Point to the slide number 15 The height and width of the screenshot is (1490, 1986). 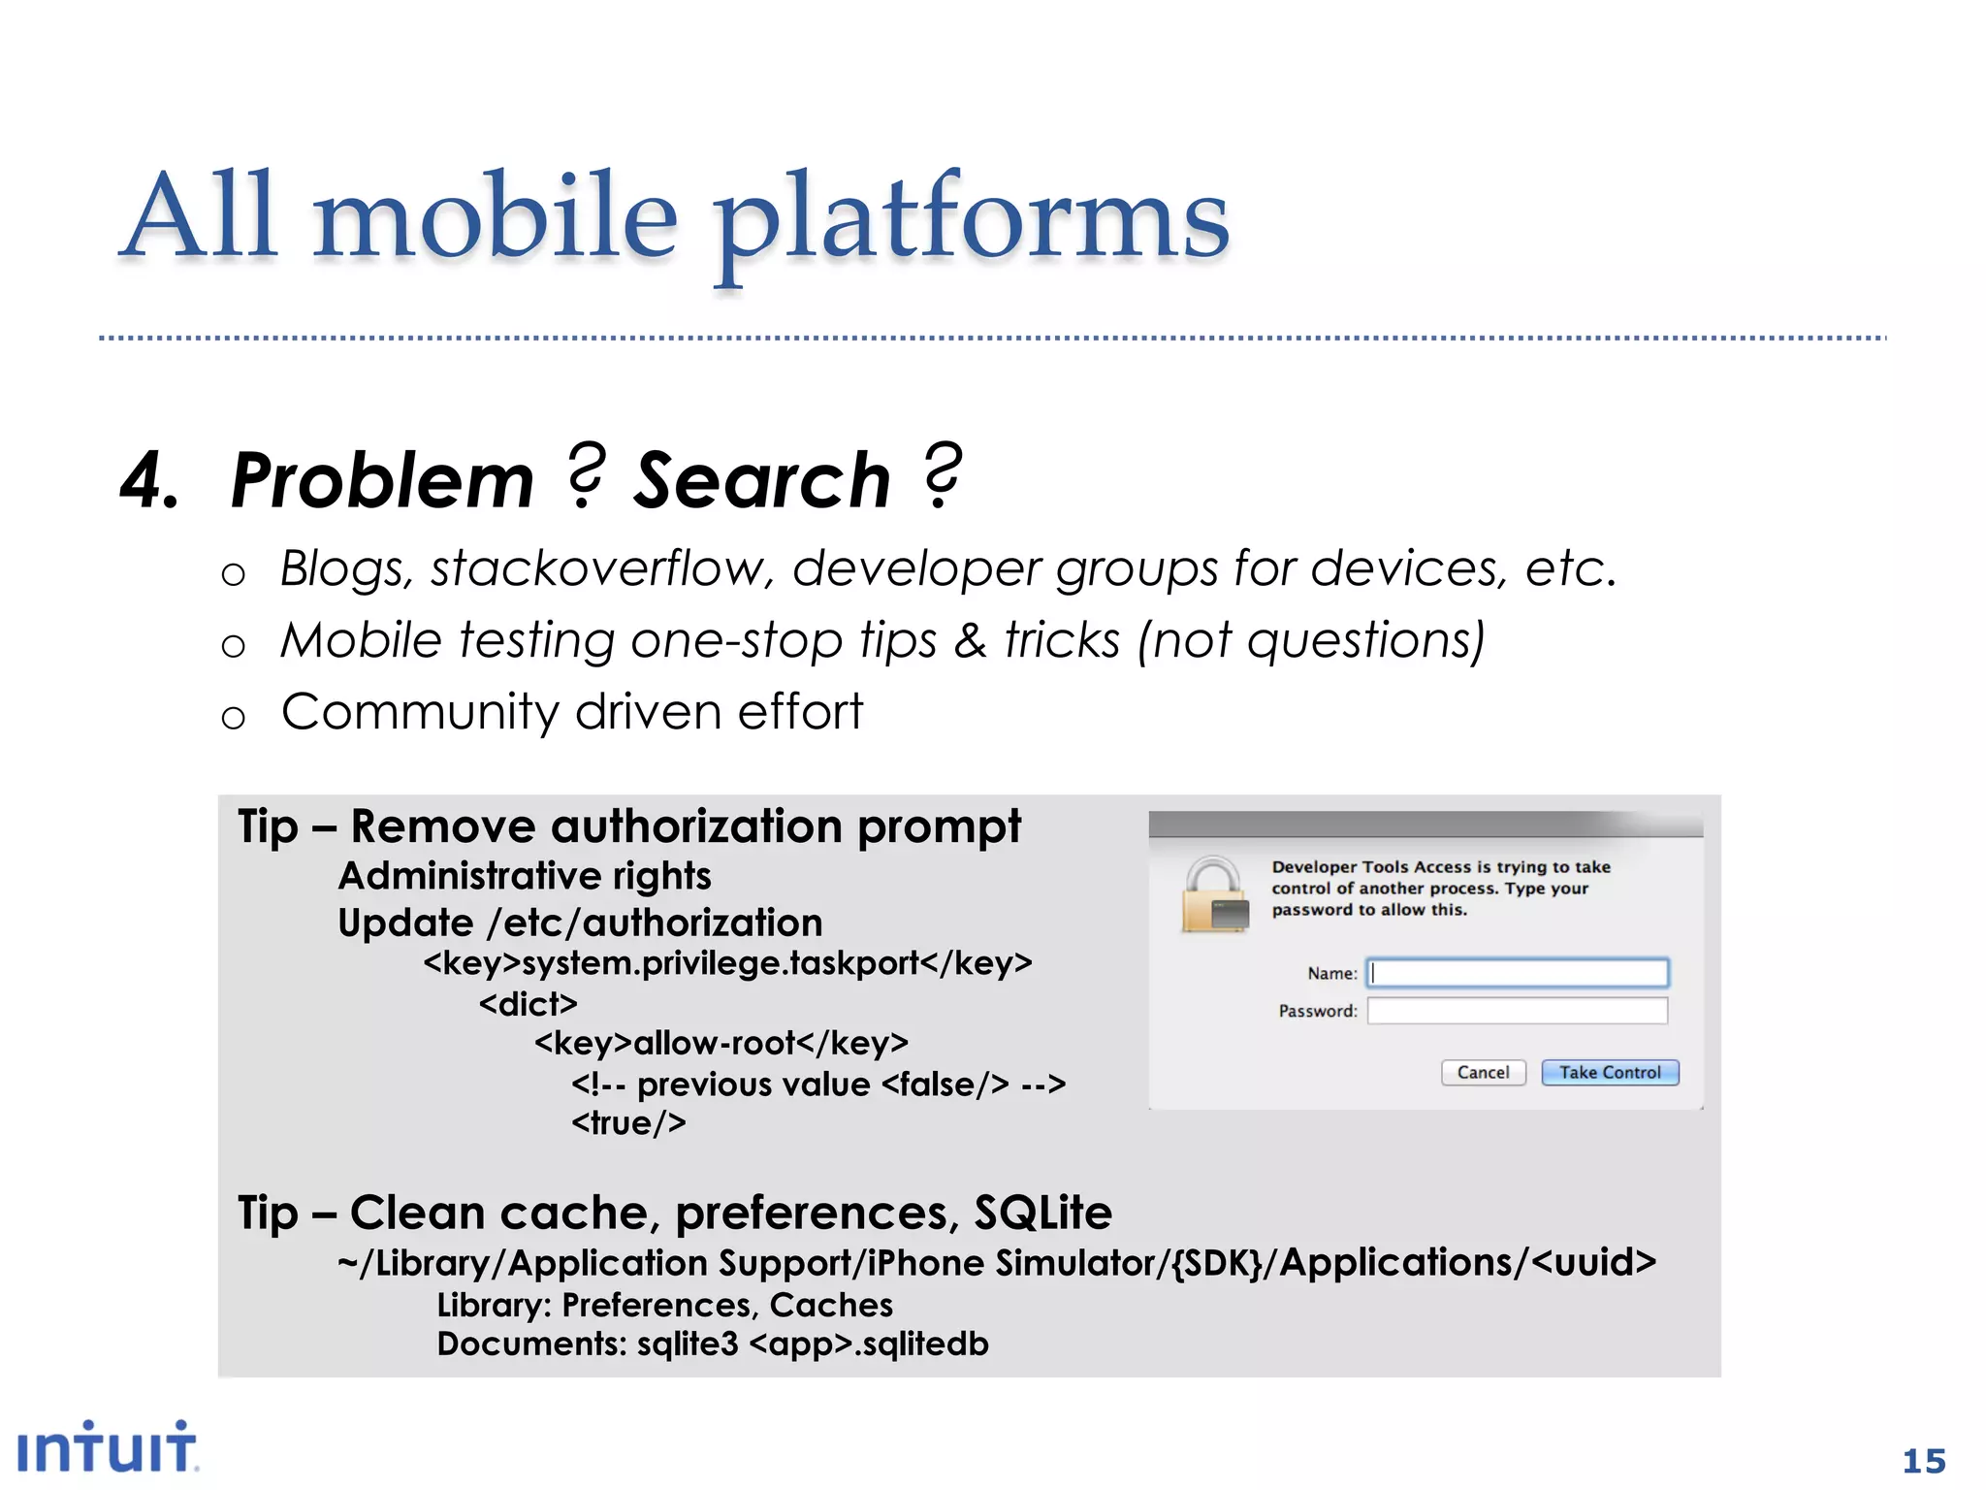click(1924, 1461)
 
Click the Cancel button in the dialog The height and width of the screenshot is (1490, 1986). click(1483, 1072)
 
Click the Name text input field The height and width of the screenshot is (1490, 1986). click(1518, 973)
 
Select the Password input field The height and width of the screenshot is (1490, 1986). click(1518, 1011)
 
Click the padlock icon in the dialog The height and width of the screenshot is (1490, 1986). click(1213, 894)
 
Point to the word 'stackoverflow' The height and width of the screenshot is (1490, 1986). click(601, 568)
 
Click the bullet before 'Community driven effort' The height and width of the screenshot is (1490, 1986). click(233, 718)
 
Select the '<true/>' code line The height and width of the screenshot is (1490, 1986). click(628, 1123)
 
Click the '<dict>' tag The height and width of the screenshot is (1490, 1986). click(528, 1003)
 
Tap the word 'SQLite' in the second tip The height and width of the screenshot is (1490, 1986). click(1042, 1213)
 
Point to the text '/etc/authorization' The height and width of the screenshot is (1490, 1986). click(655, 923)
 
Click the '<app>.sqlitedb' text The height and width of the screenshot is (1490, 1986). click(869, 1344)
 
